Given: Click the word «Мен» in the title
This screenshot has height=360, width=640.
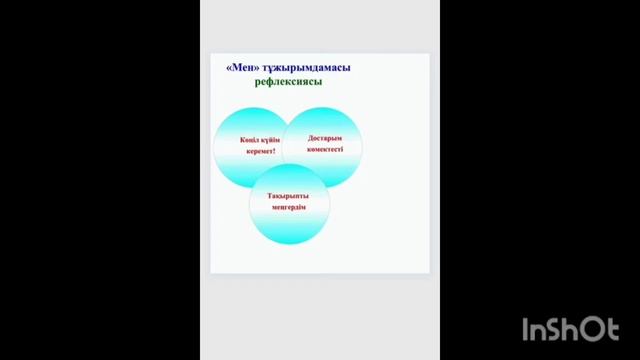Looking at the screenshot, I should [x=244, y=68].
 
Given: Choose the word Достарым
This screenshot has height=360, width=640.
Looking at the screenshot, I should [x=324, y=138].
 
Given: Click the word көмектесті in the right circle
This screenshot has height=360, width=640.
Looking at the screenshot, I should [x=324, y=149].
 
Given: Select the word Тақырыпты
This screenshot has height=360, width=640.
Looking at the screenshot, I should [x=288, y=196].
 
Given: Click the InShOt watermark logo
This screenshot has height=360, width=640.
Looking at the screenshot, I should [x=570, y=329].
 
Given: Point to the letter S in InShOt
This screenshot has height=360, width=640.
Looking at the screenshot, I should [x=556, y=330].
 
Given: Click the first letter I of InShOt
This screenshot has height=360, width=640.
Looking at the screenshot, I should [x=527, y=329].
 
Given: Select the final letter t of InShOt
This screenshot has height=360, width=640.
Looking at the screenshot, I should [x=613, y=329].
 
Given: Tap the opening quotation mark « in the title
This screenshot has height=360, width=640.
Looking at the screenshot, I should [x=230, y=68].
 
